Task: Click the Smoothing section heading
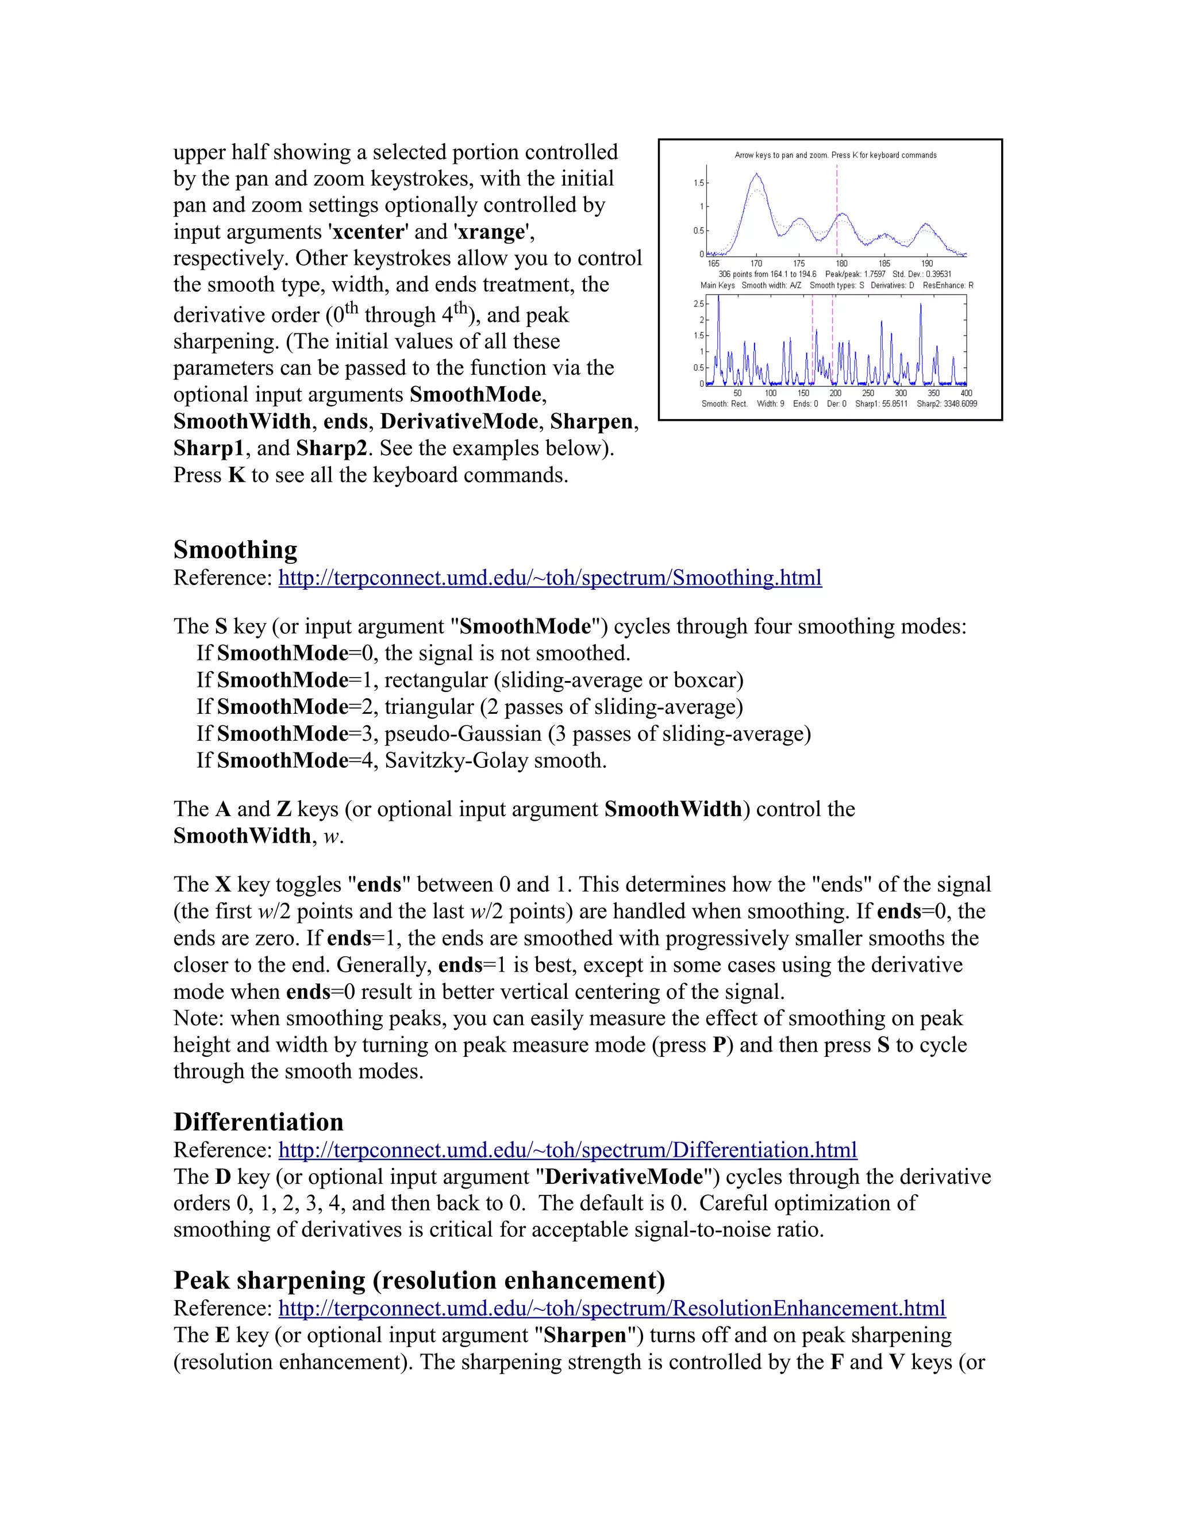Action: pos(235,549)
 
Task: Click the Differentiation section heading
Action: pos(258,1122)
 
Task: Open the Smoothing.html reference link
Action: pos(549,578)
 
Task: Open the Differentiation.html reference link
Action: pos(568,1150)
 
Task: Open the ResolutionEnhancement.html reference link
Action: pos(611,1308)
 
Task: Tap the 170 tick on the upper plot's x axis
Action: pos(756,264)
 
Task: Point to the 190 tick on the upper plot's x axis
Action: pos(926,264)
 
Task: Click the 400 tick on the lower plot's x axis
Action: pos(966,393)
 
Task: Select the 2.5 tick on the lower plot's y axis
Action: pos(698,304)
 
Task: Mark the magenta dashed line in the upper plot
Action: pos(837,209)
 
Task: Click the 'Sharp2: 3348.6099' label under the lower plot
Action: pos(946,404)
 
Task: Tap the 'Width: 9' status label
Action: pos(770,404)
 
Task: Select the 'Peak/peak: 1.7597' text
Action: pos(855,274)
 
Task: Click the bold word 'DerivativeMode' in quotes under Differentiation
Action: pos(624,1177)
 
